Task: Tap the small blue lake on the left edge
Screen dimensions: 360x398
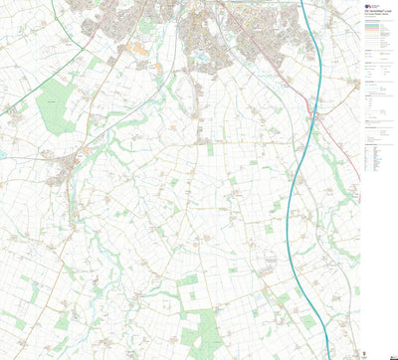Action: pyautogui.click(x=3, y=154)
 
